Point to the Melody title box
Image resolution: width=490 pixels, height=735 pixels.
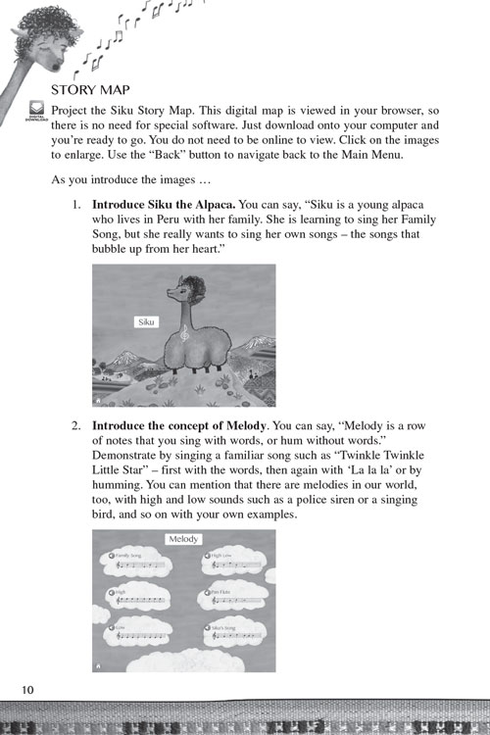(x=183, y=539)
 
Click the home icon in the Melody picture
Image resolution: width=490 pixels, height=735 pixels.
(x=99, y=663)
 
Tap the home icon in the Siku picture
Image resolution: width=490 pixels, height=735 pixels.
(x=99, y=400)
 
